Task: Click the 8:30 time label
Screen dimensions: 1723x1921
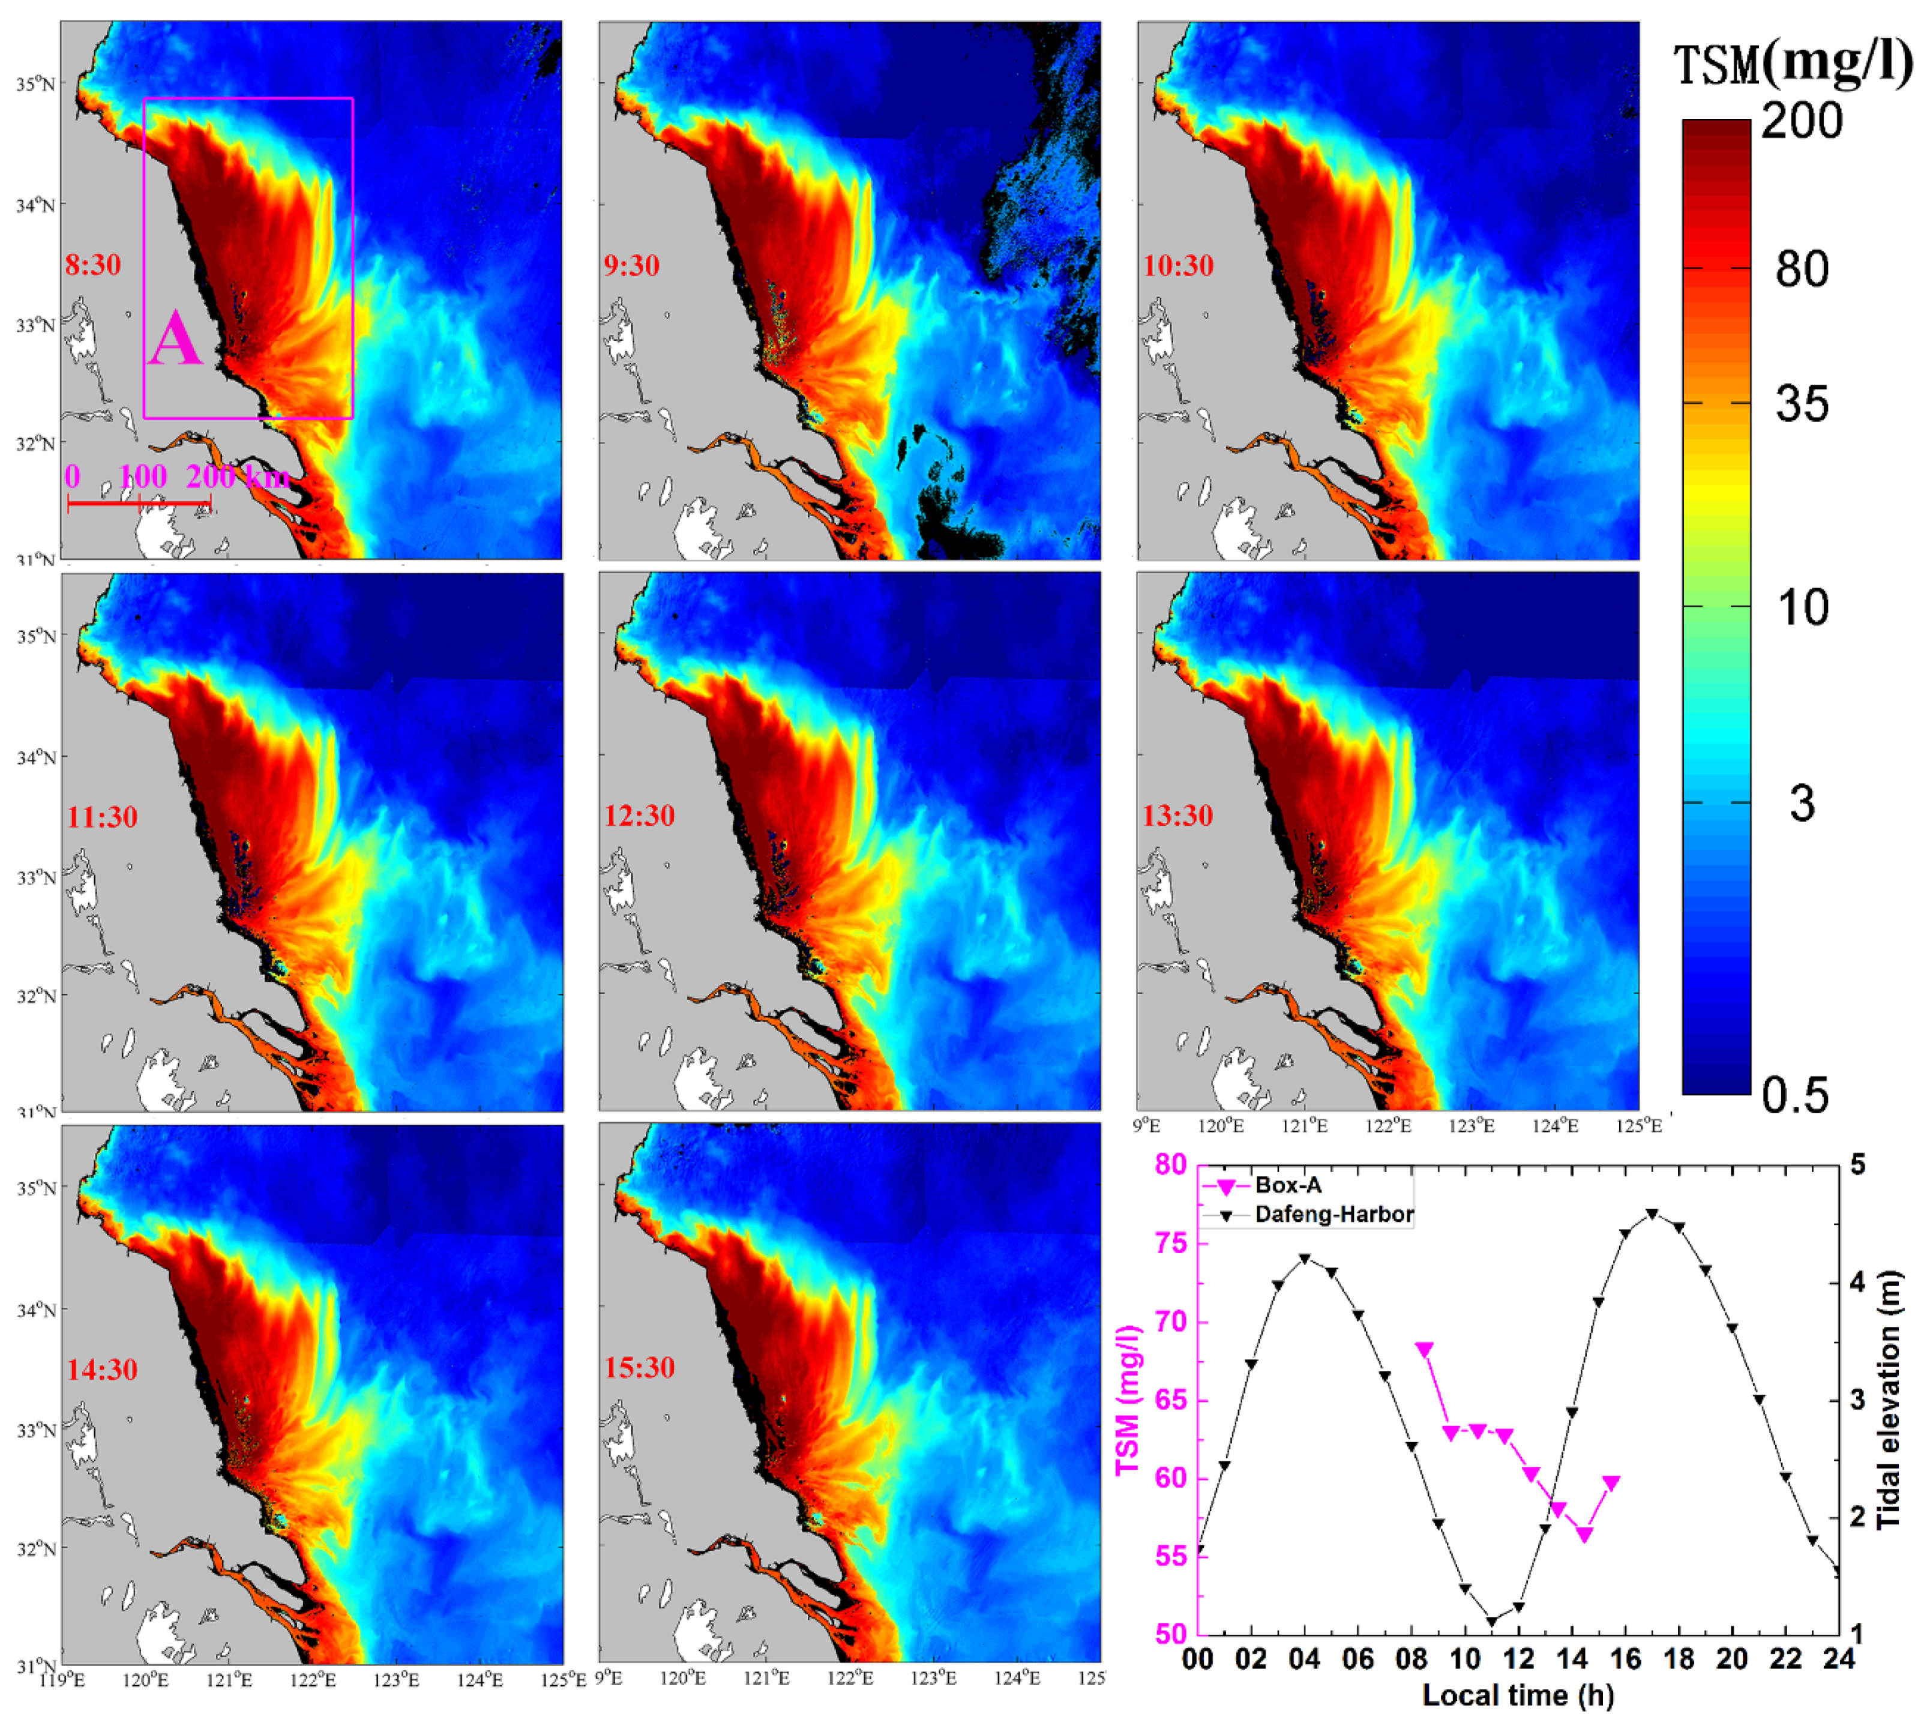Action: pyautogui.click(x=93, y=265)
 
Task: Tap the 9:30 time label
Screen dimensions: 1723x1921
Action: pyautogui.click(x=631, y=265)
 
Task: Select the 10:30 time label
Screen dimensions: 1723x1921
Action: pyautogui.click(x=1178, y=265)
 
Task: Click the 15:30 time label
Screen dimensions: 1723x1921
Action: pyautogui.click(x=639, y=1368)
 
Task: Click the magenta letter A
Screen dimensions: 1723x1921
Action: pyautogui.click(x=175, y=341)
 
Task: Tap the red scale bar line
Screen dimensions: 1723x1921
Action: pyautogui.click(x=138, y=503)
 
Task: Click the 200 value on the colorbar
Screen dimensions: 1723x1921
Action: pyautogui.click(x=1801, y=122)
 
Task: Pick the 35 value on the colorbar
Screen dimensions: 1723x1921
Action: pyautogui.click(x=1801, y=404)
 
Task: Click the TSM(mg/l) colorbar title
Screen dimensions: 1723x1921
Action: pyautogui.click(x=1792, y=64)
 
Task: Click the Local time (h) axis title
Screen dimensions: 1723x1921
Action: pyautogui.click(x=1518, y=1695)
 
